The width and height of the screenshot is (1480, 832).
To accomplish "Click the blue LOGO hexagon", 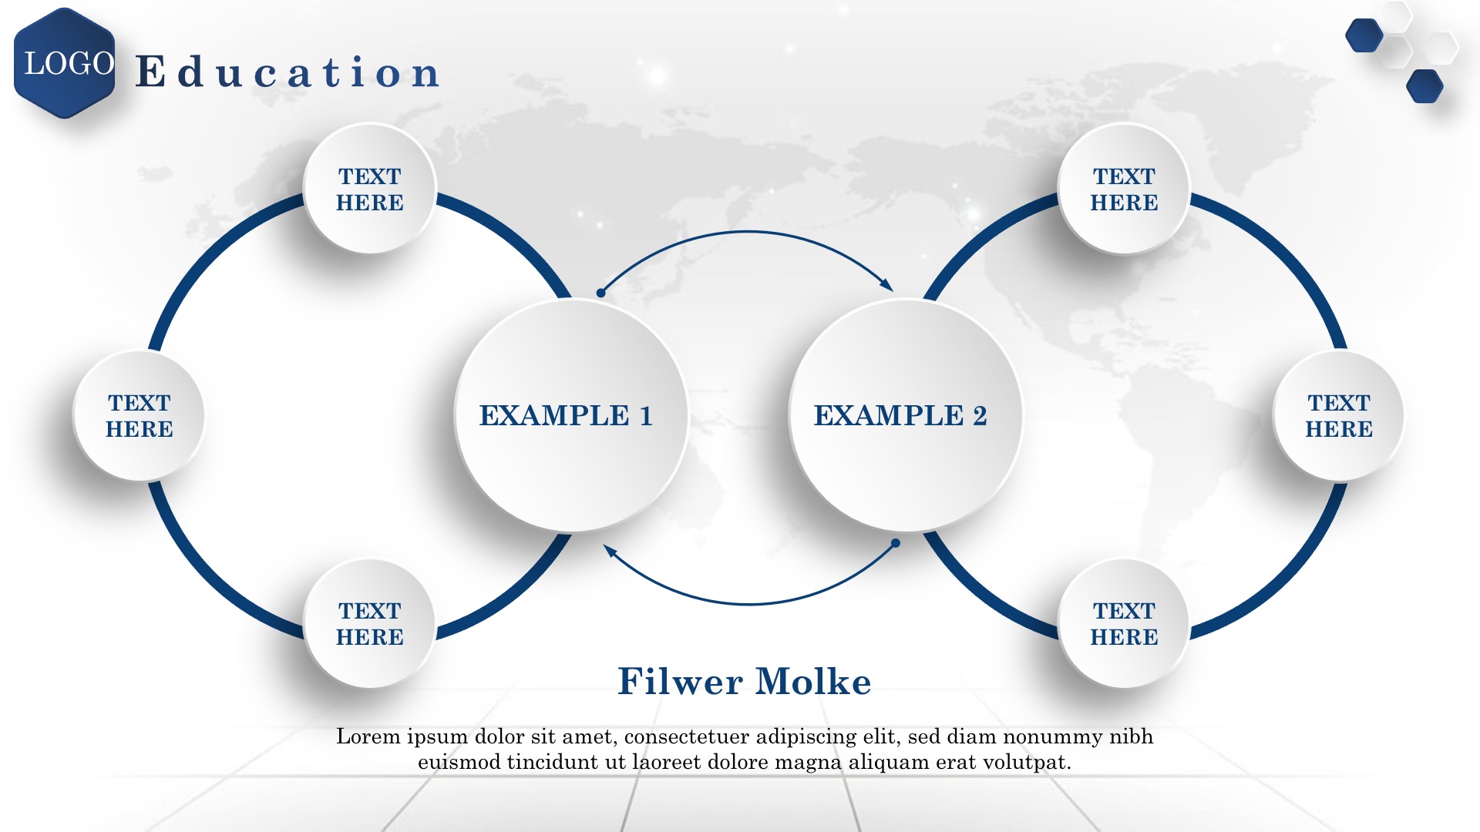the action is pos(65,63).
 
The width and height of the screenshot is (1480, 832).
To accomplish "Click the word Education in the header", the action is pos(288,72).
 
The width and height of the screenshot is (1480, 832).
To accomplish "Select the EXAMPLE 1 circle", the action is pos(570,415).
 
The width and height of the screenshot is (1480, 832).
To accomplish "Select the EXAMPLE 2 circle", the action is pos(905,415).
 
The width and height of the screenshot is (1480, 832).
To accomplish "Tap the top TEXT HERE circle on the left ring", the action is pos(370,189).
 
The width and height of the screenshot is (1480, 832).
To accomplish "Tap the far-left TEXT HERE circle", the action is pos(139,416).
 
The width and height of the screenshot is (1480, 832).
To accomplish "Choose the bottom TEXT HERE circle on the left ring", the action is pos(370,623).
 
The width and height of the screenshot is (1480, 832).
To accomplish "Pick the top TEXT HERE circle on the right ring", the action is pos(1124,189).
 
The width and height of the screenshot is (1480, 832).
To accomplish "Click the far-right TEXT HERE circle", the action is pos(1338,416).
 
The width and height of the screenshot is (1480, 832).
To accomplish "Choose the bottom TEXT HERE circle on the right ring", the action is pos(1124,623).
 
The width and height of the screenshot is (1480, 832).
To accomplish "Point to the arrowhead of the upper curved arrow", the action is pos(887,285).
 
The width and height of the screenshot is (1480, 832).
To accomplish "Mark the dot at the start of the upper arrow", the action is pos(600,293).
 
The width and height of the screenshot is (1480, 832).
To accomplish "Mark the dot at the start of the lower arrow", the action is pos(896,543).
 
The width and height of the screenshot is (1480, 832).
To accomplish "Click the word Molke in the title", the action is pos(813,682).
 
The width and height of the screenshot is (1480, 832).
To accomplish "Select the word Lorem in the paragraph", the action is pos(369,736).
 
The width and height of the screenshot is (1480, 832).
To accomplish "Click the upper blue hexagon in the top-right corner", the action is pos(1364,35).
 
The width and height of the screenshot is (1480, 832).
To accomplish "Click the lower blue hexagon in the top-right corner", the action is pos(1425,86).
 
